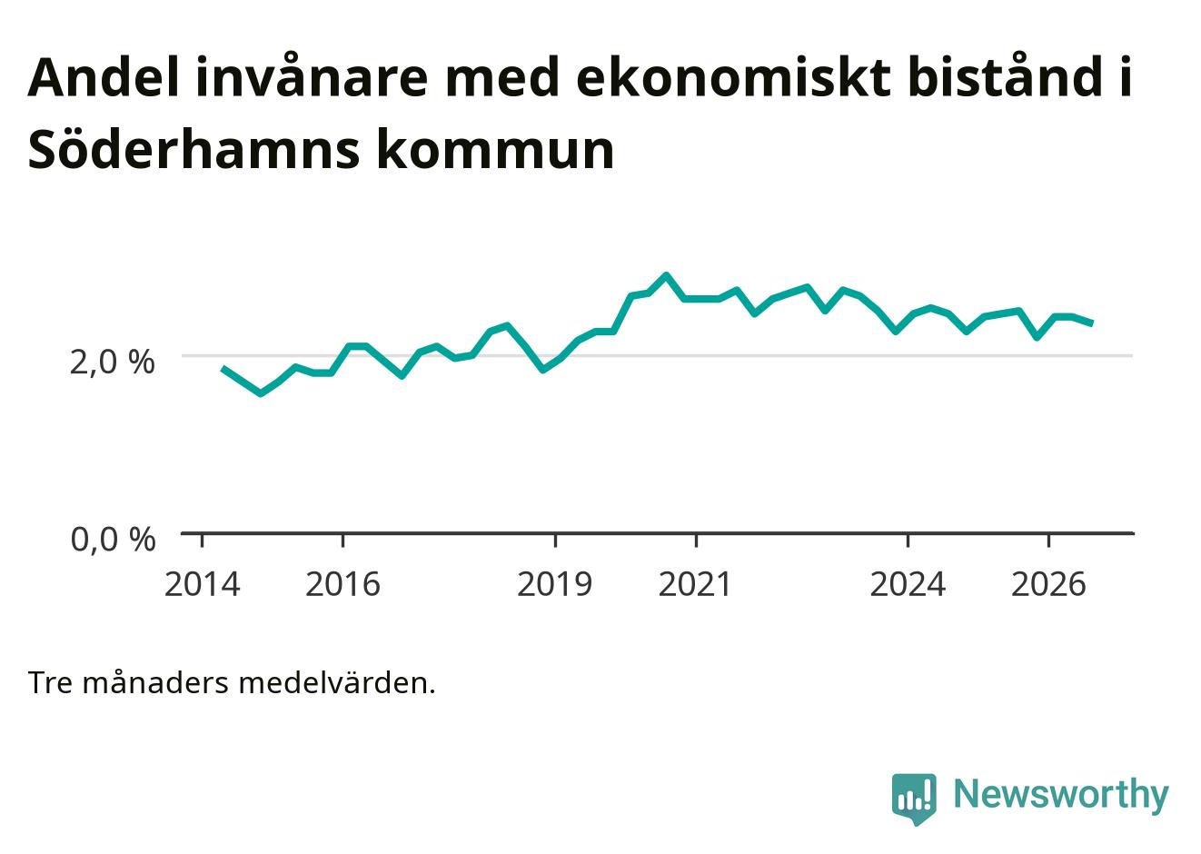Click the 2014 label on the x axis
202,584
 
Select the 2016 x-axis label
343,584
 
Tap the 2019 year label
555,584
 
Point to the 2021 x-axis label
695,584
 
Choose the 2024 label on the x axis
908,584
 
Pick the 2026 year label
1048,584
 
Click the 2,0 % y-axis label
113,362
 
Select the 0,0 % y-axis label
114,540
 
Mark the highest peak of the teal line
667,276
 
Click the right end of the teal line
1091,323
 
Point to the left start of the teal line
223,368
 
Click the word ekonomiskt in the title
735,78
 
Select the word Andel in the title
103,78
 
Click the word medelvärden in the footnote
336,683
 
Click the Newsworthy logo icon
914,799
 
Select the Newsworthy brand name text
1061,796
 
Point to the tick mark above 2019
555,541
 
